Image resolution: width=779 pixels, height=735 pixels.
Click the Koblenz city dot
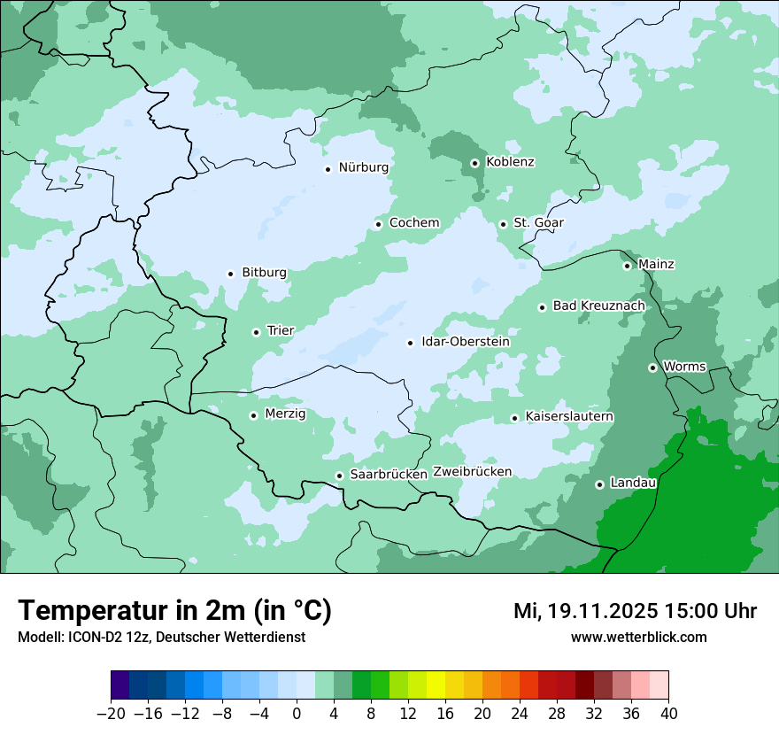pos(474,163)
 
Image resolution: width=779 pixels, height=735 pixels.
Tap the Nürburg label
pos(363,167)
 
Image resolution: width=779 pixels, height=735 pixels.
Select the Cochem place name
pos(413,222)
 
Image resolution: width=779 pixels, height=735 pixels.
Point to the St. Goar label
pos(538,222)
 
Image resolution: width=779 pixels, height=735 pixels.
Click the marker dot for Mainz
pos(627,266)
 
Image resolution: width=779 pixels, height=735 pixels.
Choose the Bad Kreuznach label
pos(598,306)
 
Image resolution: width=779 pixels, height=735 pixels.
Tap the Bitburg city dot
pos(230,274)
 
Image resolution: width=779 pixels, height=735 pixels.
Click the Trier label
pos(281,330)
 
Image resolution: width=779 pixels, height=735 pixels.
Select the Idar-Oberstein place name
pos(465,342)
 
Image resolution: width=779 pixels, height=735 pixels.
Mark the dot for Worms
pos(652,367)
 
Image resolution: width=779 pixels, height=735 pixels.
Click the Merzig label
pos(285,414)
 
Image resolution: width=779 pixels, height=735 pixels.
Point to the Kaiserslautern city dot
pos(514,418)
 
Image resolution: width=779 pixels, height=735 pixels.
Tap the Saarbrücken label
pos(389,474)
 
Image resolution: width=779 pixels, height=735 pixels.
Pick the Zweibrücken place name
pos(472,471)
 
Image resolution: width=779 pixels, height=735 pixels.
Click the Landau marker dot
pos(599,484)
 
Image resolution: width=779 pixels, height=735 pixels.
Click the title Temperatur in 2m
pos(174,611)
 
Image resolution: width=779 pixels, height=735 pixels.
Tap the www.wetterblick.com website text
pos(638,637)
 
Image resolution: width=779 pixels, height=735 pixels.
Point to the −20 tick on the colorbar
pos(111,714)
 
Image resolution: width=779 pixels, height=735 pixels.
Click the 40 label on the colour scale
pos(668,714)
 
